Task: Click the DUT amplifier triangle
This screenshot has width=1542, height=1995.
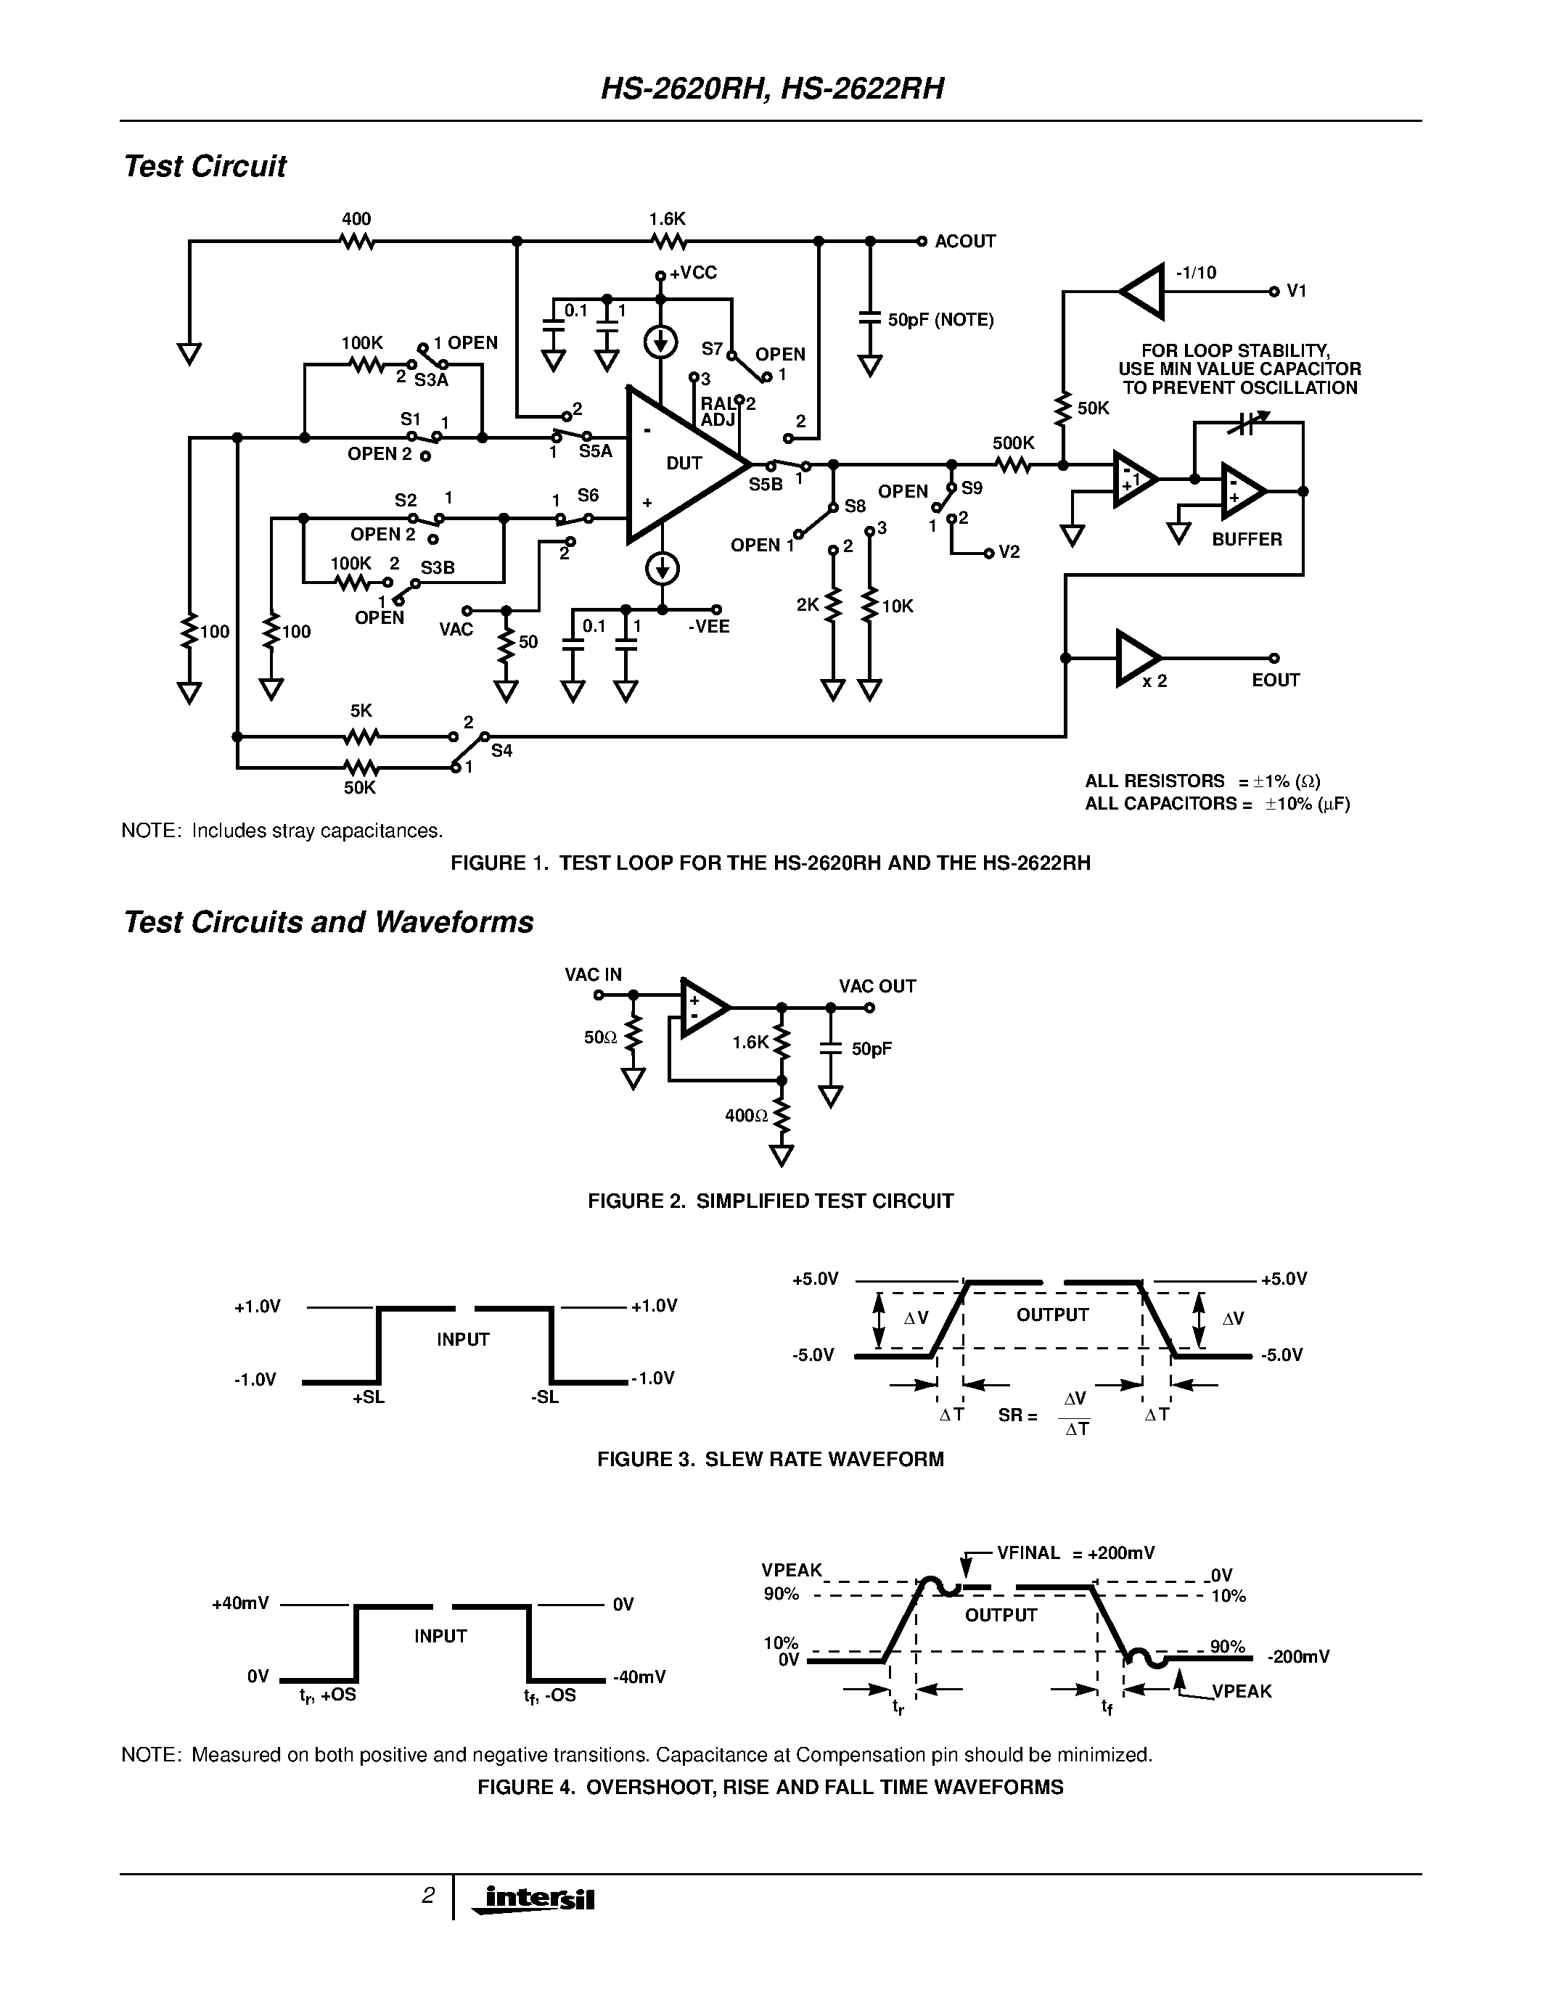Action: click(x=681, y=464)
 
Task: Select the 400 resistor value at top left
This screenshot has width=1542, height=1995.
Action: click(x=356, y=219)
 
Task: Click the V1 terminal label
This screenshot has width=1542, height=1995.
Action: click(x=1296, y=292)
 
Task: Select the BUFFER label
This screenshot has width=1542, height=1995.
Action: click(x=1247, y=539)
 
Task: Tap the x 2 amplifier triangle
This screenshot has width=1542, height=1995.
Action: click(x=1136, y=658)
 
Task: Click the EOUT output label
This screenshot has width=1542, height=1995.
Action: click(x=1275, y=680)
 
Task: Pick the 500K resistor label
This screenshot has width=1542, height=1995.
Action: click(x=1013, y=444)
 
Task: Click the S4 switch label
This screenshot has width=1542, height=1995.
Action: click(x=501, y=751)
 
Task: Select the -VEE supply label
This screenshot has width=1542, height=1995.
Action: click(x=709, y=627)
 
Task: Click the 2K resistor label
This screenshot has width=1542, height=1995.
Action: click(x=808, y=605)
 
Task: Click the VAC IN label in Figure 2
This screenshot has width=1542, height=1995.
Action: click(x=593, y=975)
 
